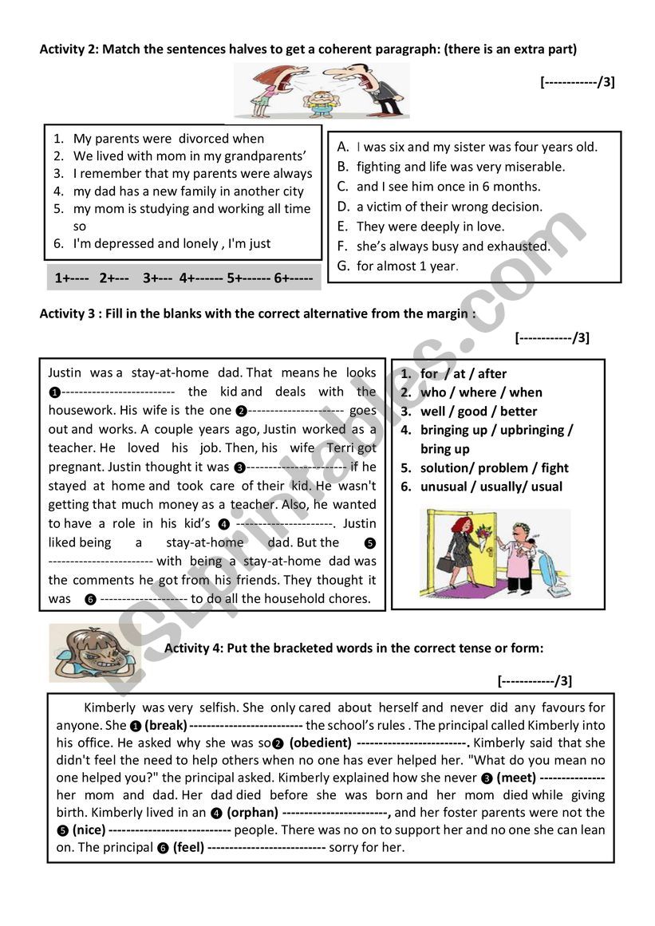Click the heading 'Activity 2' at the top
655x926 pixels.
68,49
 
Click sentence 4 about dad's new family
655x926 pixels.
188,191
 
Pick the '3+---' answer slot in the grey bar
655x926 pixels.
158,278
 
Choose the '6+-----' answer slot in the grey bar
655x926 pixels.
293,278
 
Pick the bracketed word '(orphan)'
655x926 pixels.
252,813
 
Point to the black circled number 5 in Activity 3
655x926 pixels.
369,543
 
